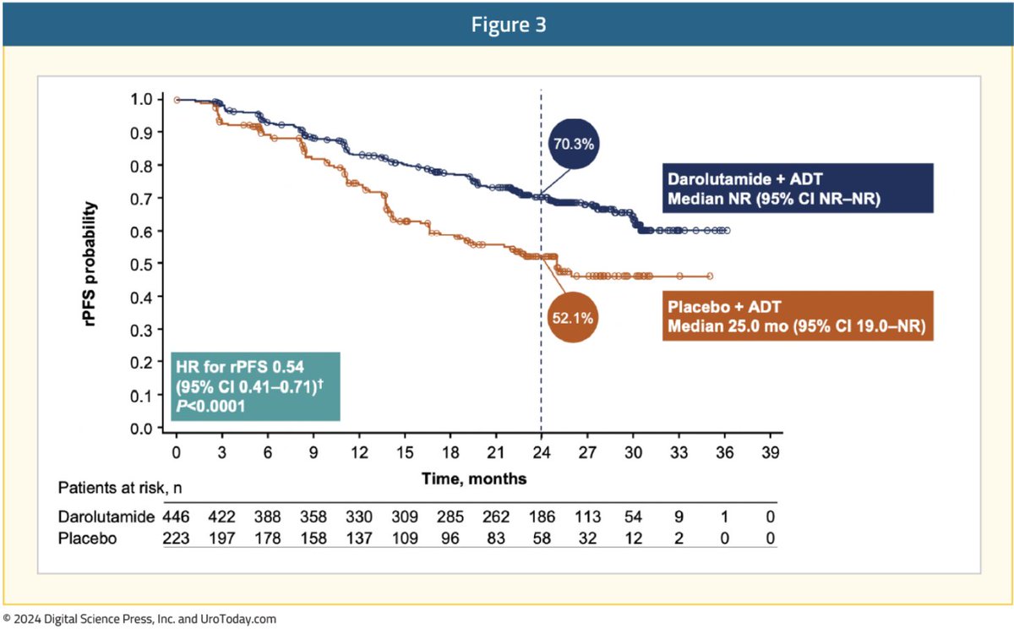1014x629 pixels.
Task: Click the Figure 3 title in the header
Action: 507,25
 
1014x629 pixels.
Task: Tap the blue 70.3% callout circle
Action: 575,144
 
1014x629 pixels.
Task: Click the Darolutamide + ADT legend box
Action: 798,187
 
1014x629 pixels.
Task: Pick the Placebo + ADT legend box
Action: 798,315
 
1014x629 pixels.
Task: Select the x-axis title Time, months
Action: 474,479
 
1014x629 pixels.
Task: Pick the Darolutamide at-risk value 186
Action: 541,516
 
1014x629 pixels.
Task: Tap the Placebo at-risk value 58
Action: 541,537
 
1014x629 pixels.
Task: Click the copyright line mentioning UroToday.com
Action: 139,619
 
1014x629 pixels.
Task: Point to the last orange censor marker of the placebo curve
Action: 710,276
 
